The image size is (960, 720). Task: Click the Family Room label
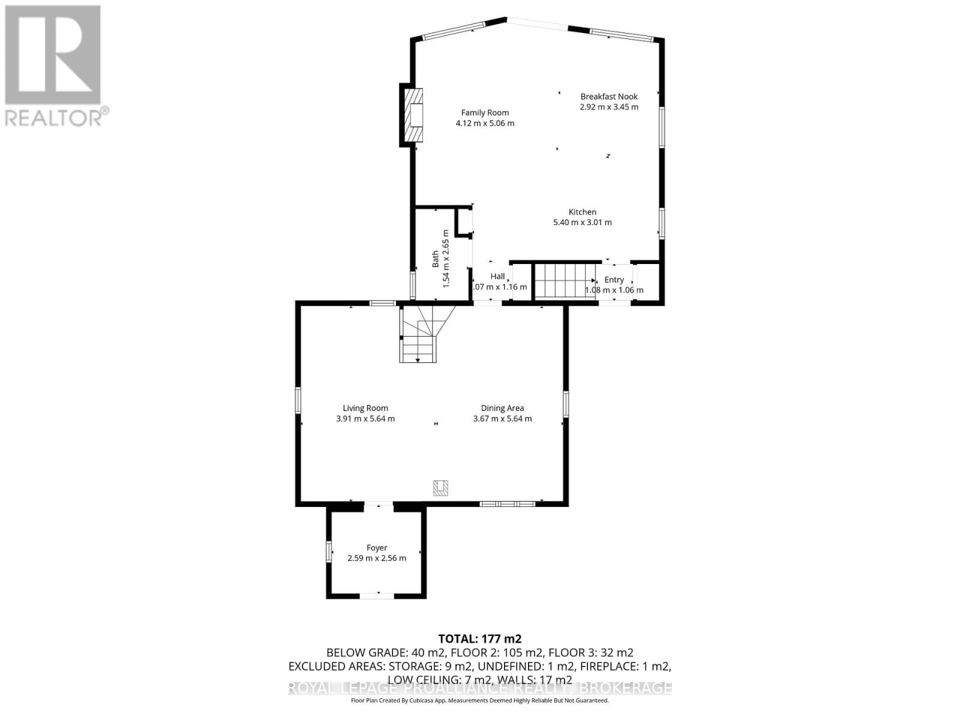(485, 112)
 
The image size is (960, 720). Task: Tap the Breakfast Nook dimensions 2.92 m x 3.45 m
(608, 107)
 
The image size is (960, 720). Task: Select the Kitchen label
(582, 212)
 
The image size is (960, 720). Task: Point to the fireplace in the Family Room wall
(413, 115)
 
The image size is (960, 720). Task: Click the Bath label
(436, 259)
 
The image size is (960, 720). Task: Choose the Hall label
(497, 276)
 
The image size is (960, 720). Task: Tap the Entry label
(614, 280)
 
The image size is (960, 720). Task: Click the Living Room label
(365, 408)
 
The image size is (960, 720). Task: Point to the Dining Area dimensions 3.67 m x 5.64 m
(502, 419)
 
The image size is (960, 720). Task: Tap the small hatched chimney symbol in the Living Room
(441, 488)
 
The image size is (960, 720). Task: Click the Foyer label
(377, 547)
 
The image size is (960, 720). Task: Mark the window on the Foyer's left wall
(329, 552)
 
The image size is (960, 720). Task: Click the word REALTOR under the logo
(53, 117)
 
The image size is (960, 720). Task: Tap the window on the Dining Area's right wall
(565, 404)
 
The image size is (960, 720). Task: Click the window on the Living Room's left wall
(298, 400)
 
